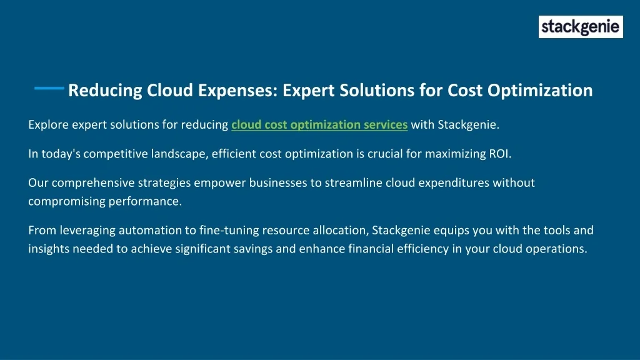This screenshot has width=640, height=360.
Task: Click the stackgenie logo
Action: click(581, 27)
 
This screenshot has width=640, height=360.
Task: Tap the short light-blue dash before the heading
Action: click(49, 87)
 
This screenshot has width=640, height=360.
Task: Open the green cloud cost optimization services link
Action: click(319, 124)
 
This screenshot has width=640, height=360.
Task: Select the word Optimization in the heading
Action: click(540, 91)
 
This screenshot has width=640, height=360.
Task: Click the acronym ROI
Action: click(500, 154)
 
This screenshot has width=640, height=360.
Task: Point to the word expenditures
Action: click(454, 183)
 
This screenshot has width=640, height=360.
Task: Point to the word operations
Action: click(556, 249)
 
